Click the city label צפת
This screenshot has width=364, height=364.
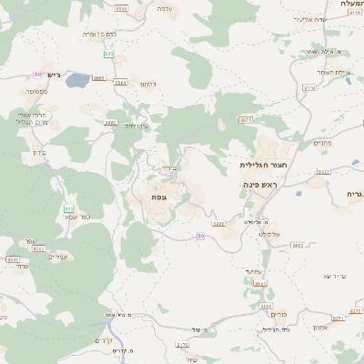(x=158, y=197)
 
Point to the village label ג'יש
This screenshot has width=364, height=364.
(x=54, y=76)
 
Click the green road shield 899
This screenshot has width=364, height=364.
(x=37, y=74)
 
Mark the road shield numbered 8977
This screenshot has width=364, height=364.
(x=323, y=171)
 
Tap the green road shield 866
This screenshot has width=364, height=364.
(x=69, y=209)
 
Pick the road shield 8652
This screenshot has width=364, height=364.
(x=298, y=246)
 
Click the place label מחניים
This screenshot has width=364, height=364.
(x=322, y=142)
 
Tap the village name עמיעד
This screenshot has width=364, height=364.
(x=253, y=270)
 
